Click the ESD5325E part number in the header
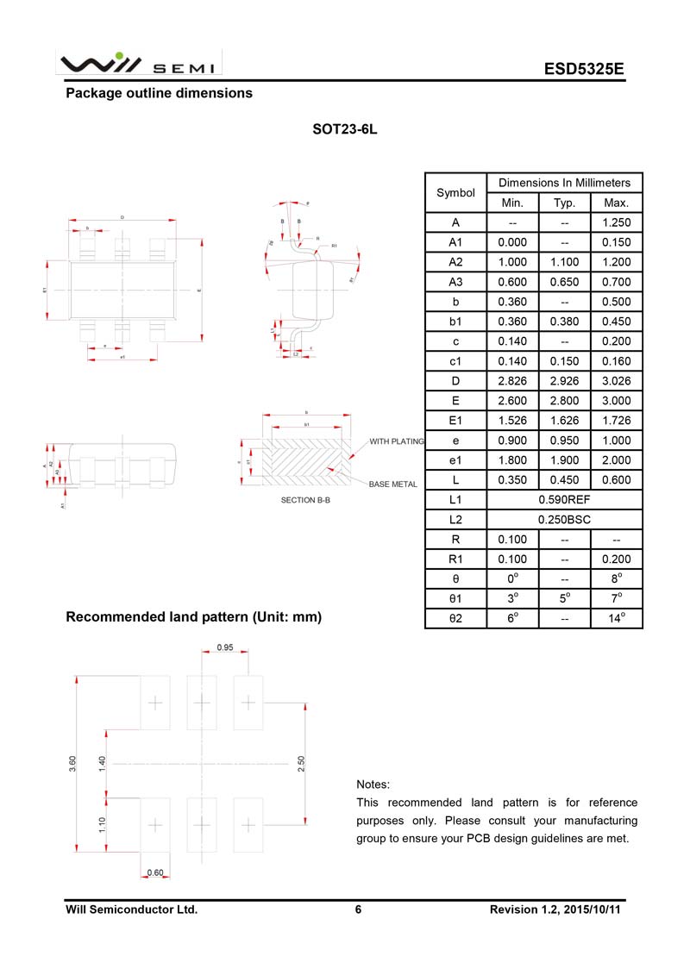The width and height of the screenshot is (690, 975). (583, 69)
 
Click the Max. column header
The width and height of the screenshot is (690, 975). (617, 203)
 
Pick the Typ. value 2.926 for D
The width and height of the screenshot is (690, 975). (564, 381)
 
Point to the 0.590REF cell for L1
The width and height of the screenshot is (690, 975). (564, 500)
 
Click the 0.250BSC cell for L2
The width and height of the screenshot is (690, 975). (564, 520)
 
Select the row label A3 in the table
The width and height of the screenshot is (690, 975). (455, 282)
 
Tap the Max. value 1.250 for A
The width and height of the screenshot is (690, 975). (617, 222)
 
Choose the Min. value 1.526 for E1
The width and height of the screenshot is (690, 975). (512, 421)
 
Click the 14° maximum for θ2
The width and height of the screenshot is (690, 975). (617, 618)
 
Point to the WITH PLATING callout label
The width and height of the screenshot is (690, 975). (397, 441)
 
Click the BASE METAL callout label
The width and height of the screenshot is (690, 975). (393, 484)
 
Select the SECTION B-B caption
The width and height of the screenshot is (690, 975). (305, 500)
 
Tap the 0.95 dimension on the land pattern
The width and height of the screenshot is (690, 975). (224, 647)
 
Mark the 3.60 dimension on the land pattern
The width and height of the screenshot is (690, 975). (73, 764)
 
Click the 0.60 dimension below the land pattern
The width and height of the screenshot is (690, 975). (155, 872)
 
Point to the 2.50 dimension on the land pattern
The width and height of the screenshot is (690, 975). (301, 764)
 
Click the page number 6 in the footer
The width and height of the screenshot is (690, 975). (357, 909)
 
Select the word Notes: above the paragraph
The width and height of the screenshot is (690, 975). (373, 784)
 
